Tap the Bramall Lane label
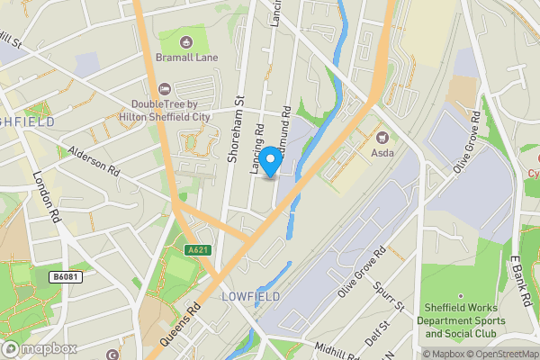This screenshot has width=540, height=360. pos(186,57)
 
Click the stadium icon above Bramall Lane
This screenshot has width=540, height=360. pos(186,40)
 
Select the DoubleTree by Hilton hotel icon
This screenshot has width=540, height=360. pos(164,88)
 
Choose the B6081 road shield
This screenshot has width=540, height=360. pos(65,277)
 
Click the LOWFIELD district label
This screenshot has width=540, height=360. pos(250,296)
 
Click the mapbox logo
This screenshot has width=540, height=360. pos(40,347)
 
